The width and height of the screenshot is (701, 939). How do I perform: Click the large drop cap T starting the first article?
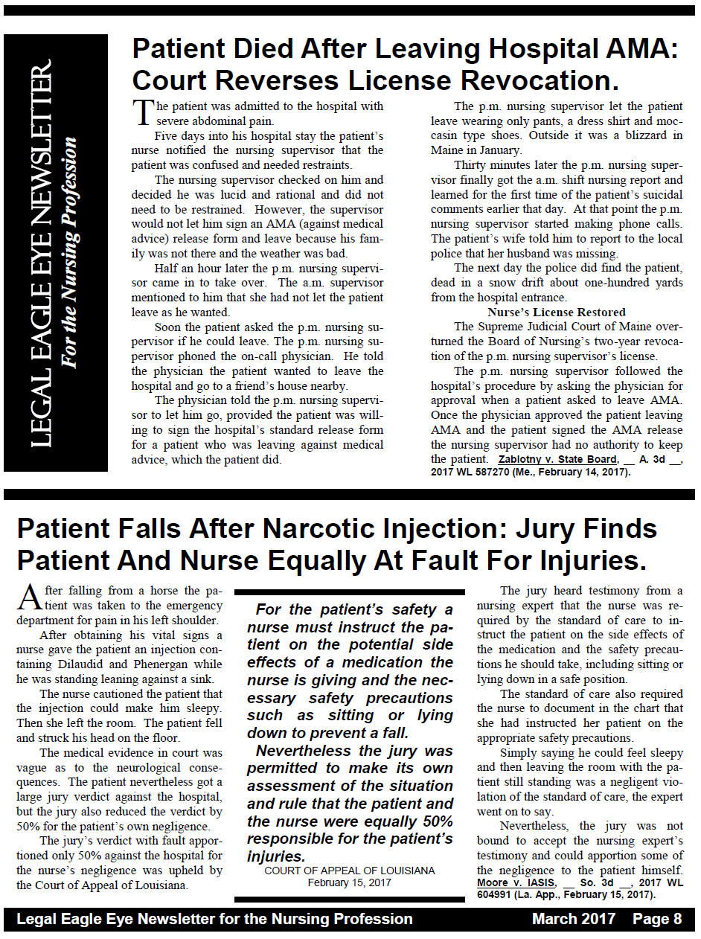pos(142,112)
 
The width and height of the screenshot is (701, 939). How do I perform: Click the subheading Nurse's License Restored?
pos(557,312)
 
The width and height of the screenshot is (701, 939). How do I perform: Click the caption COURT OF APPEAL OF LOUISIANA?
pos(350,871)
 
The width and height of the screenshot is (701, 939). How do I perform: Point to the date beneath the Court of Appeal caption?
pos(350,883)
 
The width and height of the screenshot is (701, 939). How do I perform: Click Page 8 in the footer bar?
pos(657,919)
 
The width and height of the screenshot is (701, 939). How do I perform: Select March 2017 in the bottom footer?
pos(573,919)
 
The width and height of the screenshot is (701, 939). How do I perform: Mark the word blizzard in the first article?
pos(647,135)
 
